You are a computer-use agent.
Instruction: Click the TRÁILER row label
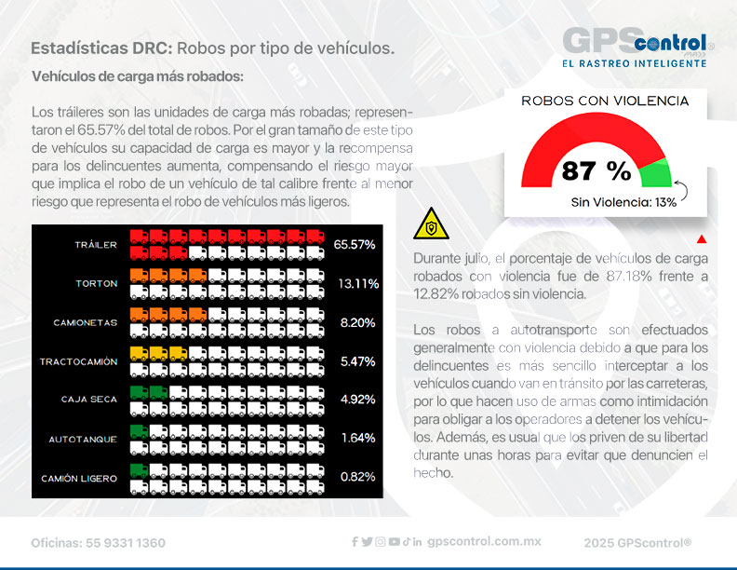[96, 245]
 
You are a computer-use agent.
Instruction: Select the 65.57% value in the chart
[354, 245]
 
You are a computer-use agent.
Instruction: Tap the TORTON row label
[96, 283]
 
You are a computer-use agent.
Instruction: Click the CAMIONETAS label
[86, 322]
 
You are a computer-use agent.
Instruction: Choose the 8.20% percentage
[356, 322]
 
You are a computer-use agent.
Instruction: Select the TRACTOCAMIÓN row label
[79, 361]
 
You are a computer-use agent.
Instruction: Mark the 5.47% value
[356, 361]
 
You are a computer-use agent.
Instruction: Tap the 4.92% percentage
[356, 400]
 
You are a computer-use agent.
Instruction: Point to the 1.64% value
[356, 439]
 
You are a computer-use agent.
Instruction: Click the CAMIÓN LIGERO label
[79, 478]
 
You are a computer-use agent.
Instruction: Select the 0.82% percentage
[356, 478]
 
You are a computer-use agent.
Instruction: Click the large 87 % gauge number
[596, 170]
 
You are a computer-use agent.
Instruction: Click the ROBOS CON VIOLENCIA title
[605, 101]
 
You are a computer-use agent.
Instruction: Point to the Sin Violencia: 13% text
[623, 202]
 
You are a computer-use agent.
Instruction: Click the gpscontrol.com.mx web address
[484, 541]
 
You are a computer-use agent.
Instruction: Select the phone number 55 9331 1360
[125, 542]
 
